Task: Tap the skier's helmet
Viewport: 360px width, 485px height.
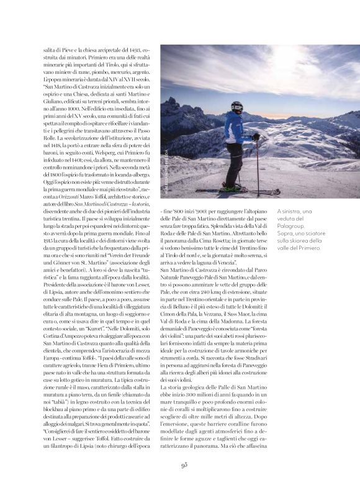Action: coord(237,106)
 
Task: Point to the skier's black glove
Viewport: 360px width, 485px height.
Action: coord(255,137)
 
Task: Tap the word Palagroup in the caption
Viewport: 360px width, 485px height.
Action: coord(295,226)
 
